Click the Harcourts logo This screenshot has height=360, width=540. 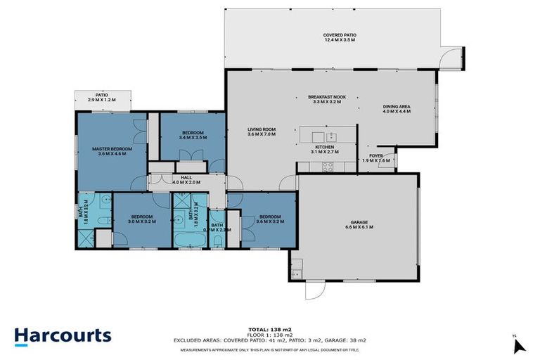tap(63, 335)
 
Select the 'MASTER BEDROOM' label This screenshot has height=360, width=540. tap(112, 148)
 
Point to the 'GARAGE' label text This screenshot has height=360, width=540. tap(359, 222)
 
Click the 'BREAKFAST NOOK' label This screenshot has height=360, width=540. tap(326, 97)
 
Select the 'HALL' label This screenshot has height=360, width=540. tap(186, 177)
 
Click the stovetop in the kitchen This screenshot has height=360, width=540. tap(326, 167)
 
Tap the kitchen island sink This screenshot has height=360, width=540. tap(330, 136)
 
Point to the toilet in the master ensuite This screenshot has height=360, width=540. tap(103, 220)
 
